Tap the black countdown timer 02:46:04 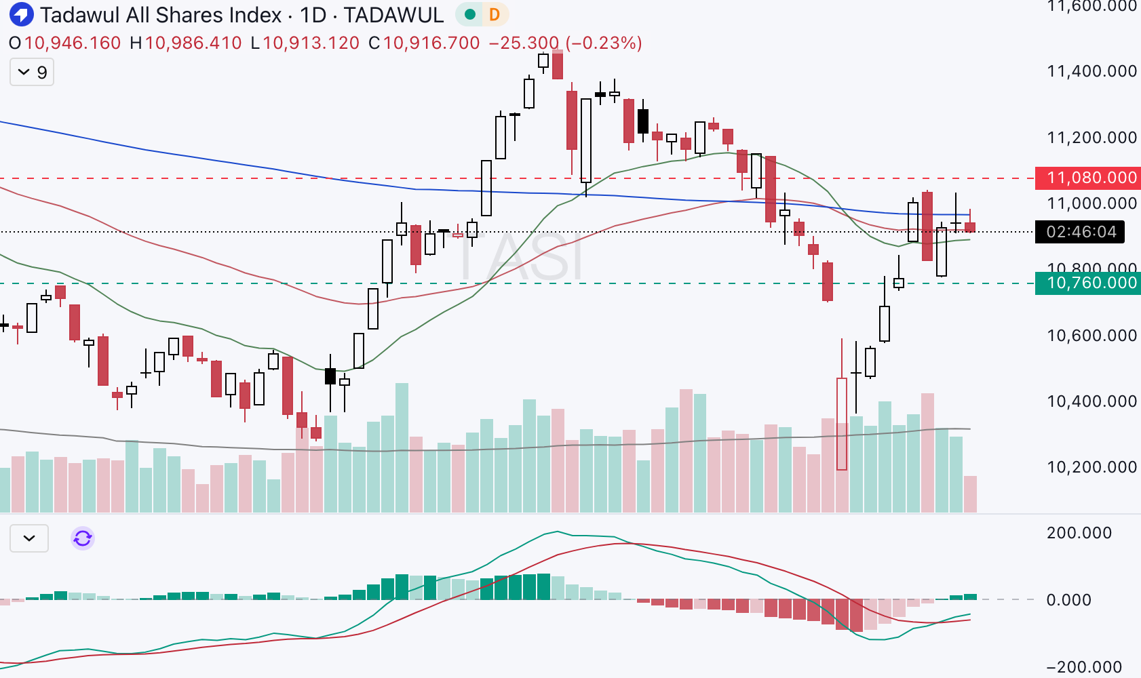[1080, 232]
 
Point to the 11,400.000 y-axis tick [1091, 71]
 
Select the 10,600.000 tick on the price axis [1091, 336]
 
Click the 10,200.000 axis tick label [1091, 467]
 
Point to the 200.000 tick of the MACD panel [1079, 533]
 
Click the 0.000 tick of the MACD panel [1068, 600]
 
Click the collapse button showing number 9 [32, 72]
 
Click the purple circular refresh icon [83, 538]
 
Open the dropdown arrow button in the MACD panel [29, 538]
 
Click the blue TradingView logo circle [22, 14]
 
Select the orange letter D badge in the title [495, 14]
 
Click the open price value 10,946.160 [73, 43]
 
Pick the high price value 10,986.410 [193, 43]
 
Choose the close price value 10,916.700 [431, 43]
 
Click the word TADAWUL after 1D [393, 15]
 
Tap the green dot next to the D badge [469, 14]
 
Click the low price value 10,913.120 [311, 43]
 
